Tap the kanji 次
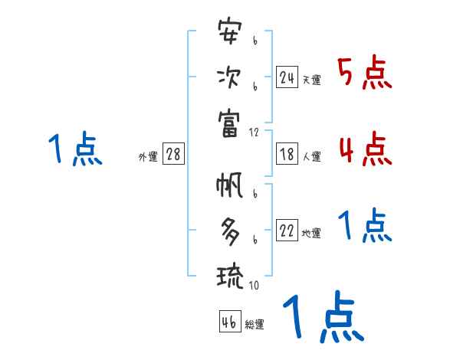tap(230, 77)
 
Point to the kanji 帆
tap(230, 188)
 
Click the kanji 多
tap(230, 229)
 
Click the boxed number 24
tap(287, 77)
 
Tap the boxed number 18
tap(287, 154)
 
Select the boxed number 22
tap(287, 230)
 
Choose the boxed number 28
tap(173, 154)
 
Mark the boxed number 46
tap(229, 322)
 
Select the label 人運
tap(311, 156)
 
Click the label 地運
tap(311, 233)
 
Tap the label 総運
tap(255, 325)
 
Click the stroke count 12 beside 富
tap(255, 133)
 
